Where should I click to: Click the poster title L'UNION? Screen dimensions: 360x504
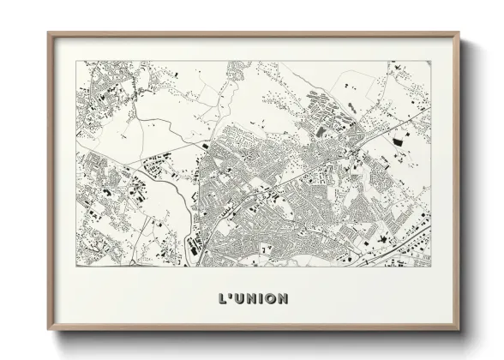[x=252, y=299]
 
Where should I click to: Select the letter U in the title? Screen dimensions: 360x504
[x=239, y=299]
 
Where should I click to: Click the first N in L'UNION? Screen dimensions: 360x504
[x=252, y=299]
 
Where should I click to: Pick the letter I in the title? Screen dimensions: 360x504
[x=262, y=299]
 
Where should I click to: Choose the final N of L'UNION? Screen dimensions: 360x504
[x=284, y=299]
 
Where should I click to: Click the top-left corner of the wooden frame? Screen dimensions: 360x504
[x=48, y=33]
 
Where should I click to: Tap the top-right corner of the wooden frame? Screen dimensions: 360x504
[x=459, y=33]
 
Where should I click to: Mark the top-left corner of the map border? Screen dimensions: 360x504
[x=76, y=61]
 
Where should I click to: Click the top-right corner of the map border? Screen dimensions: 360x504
[x=430, y=61]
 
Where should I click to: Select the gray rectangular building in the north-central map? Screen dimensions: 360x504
[x=321, y=132]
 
